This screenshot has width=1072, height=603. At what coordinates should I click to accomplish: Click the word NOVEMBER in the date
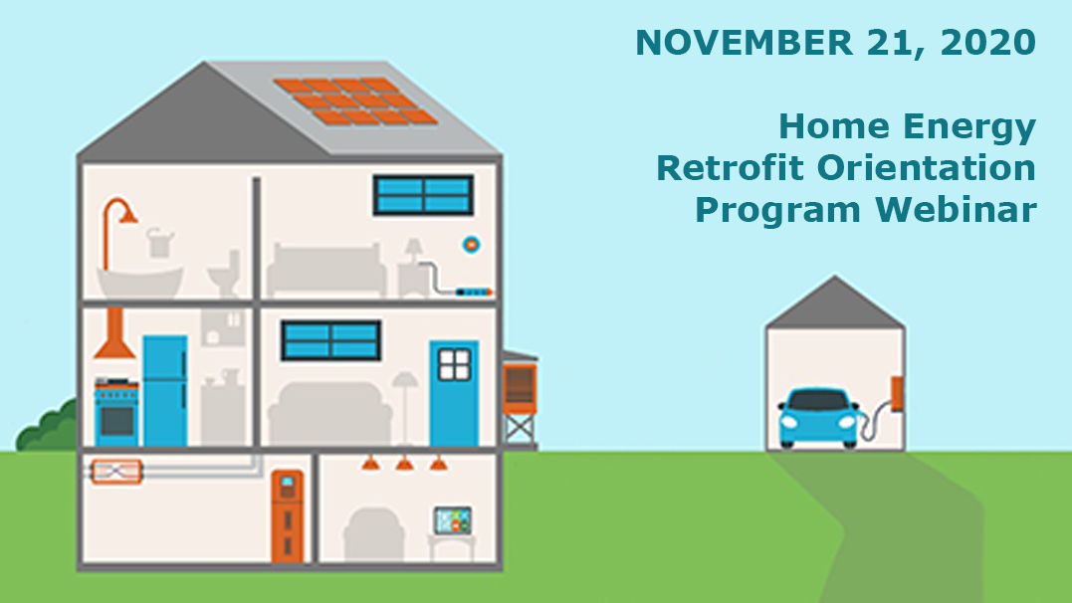click(x=744, y=43)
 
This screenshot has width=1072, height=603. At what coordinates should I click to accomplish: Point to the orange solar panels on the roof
click(x=355, y=101)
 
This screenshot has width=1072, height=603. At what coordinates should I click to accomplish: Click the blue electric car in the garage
click(x=819, y=418)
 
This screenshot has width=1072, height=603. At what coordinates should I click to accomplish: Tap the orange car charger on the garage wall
click(x=896, y=394)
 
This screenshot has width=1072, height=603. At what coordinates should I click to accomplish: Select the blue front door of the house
click(x=454, y=393)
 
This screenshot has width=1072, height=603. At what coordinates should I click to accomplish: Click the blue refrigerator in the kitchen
click(x=165, y=390)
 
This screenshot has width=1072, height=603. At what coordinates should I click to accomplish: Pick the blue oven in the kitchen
click(x=116, y=412)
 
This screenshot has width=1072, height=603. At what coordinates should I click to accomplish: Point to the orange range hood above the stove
click(x=114, y=333)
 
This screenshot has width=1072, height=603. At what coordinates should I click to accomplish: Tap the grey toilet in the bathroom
click(x=224, y=275)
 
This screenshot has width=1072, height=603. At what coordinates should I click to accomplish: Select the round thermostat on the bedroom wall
click(x=471, y=244)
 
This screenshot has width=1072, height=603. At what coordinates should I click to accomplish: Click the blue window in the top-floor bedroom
click(x=423, y=195)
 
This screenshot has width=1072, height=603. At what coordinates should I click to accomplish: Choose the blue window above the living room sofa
click(x=330, y=340)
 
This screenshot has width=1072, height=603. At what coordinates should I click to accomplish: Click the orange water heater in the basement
click(x=287, y=515)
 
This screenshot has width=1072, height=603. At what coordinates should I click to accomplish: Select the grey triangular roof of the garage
click(x=835, y=303)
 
